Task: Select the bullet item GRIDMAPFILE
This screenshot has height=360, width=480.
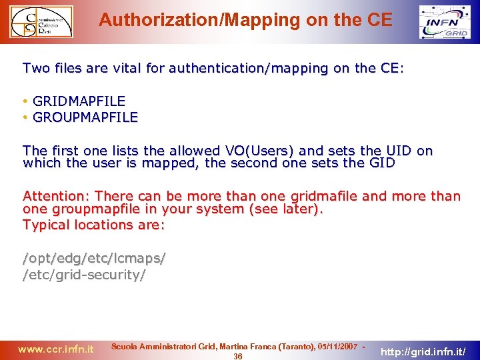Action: pyautogui.click(x=79, y=101)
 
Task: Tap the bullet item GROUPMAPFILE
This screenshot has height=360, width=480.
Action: pyautogui.click(x=85, y=117)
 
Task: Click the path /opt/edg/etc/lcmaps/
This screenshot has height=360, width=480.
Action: pyautogui.click(x=94, y=258)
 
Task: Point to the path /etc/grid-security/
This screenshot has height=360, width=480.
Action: pyautogui.click(x=84, y=274)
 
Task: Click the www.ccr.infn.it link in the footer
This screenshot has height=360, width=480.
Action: pyautogui.click(x=56, y=349)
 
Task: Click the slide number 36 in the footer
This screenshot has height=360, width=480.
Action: pyautogui.click(x=238, y=356)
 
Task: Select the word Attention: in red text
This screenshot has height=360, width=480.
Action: pyautogui.click(x=57, y=196)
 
